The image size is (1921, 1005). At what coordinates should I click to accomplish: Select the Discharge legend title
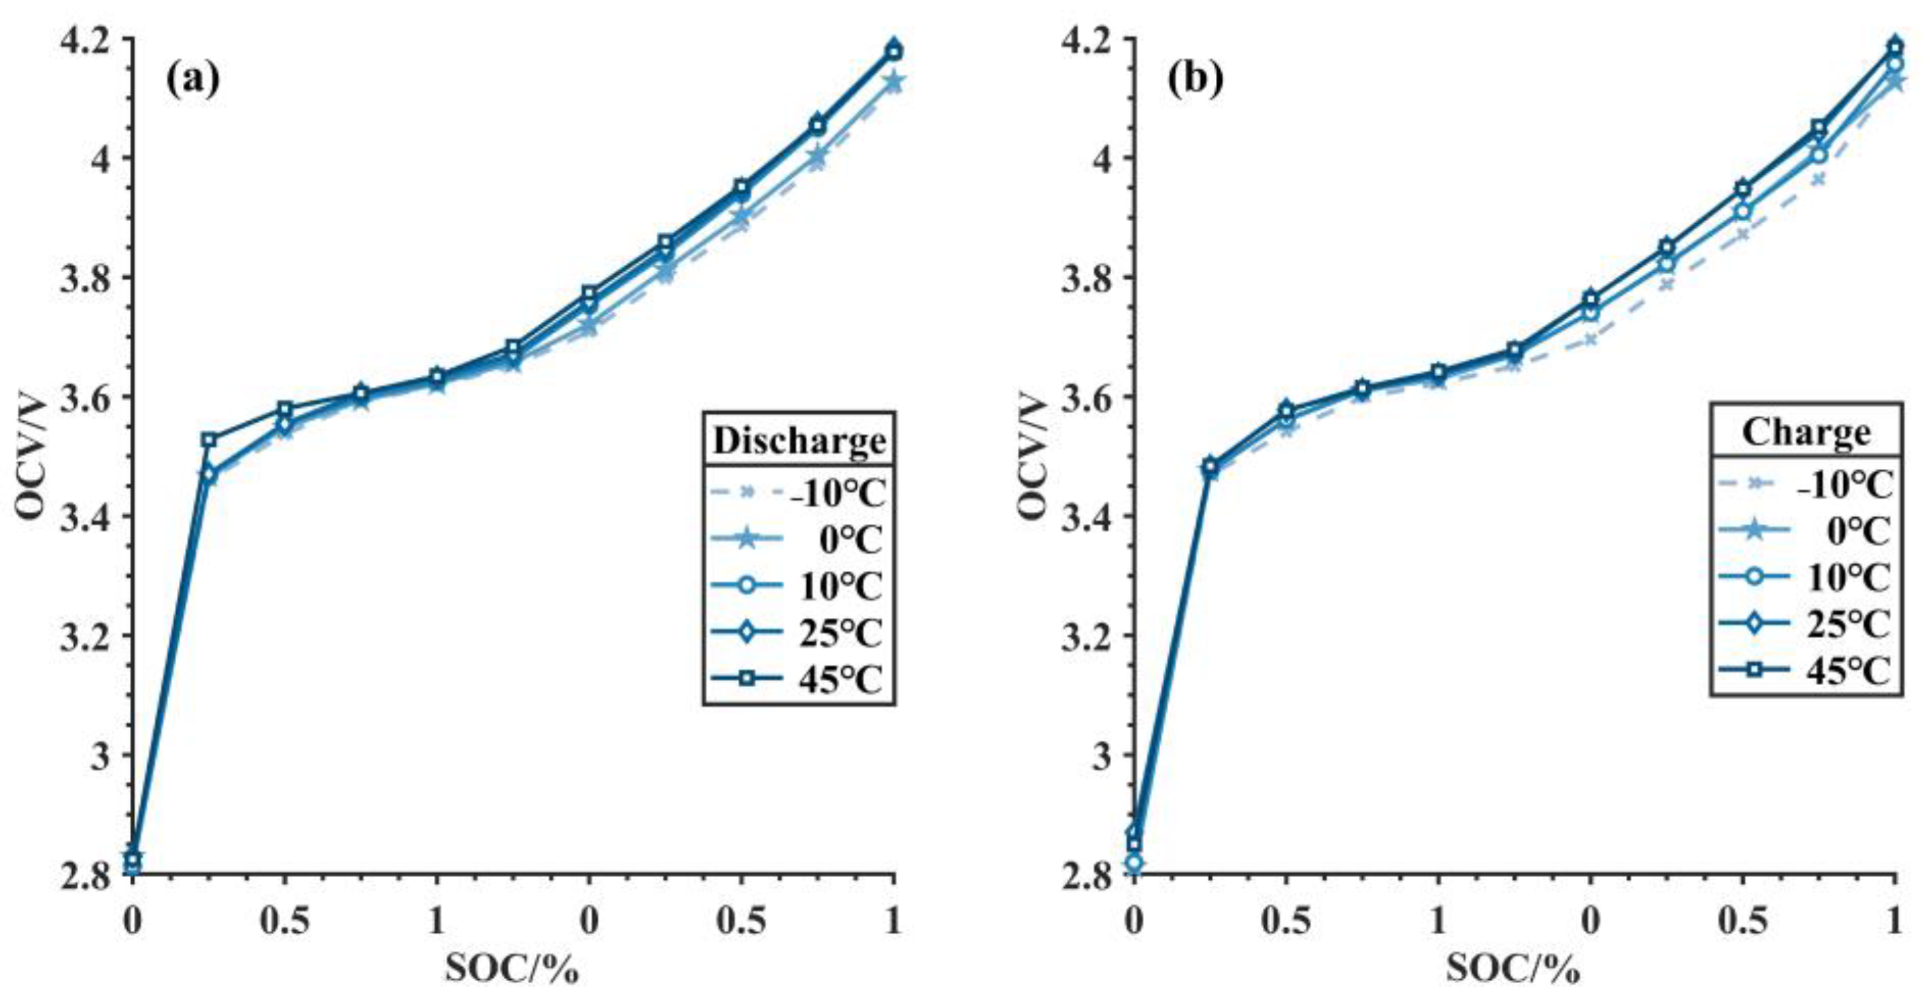[800, 440]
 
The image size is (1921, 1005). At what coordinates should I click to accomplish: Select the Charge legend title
[1805, 432]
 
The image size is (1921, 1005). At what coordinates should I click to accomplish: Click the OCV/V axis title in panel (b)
[1033, 456]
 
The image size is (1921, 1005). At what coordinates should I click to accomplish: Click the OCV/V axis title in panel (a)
[31, 456]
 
